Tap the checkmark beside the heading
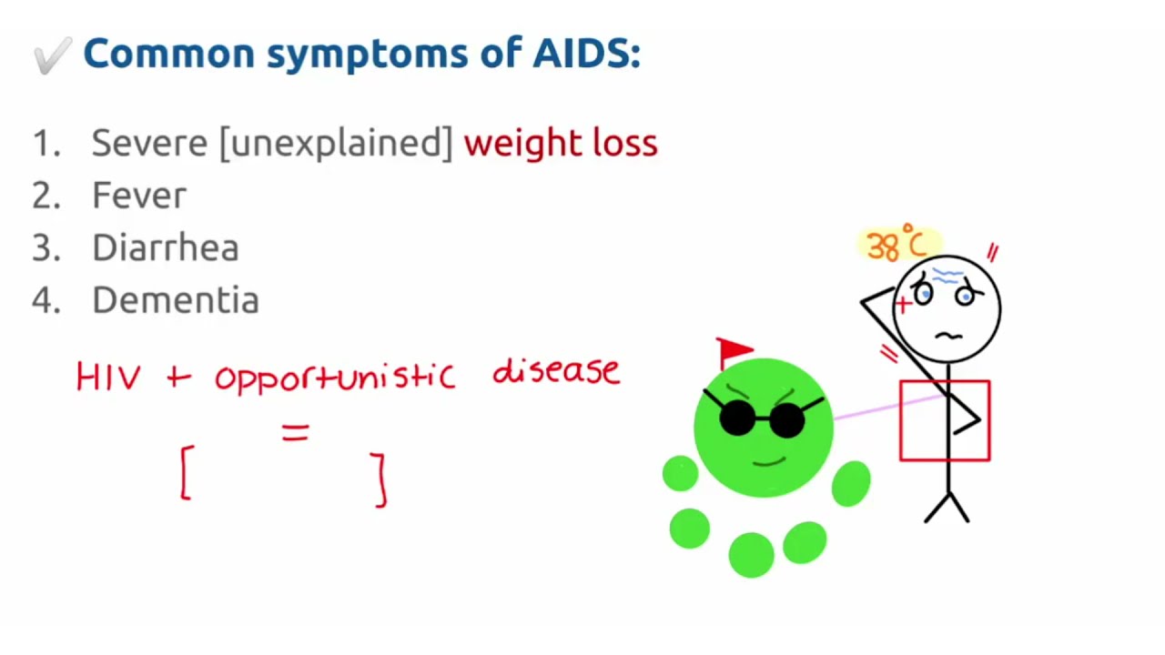[x=52, y=56]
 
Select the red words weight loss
[x=560, y=143]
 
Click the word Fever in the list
[x=138, y=196]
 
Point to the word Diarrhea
[x=165, y=248]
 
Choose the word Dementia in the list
[x=175, y=300]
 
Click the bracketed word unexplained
[x=335, y=144]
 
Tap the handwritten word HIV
[x=108, y=377]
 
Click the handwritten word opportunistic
[x=334, y=377]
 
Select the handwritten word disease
[x=555, y=371]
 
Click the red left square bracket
[x=187, y=471]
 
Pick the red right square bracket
[x=380, y=479]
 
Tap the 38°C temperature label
[x=897, y=246]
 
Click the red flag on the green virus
[x=734, y=350]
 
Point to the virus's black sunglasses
[x=763, y=418]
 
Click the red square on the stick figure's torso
[x=944, y=420]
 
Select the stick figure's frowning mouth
[x=948, y=336]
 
